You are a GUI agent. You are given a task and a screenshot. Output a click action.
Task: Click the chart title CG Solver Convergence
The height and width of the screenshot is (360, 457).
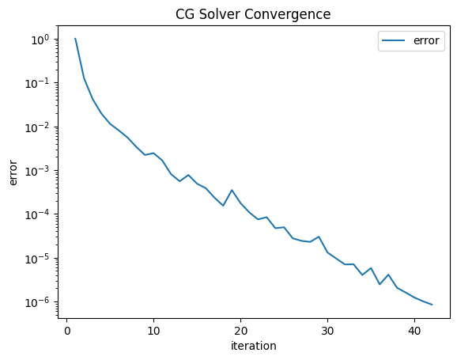click(253, 14)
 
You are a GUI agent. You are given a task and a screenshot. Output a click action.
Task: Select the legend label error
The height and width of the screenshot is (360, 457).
click(426, 40)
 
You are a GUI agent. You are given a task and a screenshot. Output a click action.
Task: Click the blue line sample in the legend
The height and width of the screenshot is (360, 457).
click(393, 40)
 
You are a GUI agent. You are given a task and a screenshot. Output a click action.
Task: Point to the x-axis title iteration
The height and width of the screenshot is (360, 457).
click(254, 346)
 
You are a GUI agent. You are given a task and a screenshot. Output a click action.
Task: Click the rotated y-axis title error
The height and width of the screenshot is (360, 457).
click(13, 172)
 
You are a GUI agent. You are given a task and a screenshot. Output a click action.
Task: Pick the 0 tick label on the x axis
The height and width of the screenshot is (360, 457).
click(67, 331)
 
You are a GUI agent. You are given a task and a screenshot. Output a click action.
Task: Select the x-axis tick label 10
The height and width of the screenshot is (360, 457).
click(153, 331)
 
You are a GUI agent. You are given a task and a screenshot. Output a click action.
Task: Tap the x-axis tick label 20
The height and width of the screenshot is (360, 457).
click(240, 331)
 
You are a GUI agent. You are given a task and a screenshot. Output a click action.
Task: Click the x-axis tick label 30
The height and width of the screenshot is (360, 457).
click(327, 331)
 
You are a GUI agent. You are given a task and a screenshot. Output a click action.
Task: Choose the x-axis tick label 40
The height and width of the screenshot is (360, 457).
click(414, 331)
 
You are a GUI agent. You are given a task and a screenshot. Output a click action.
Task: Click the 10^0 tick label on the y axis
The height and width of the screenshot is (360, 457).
click(40, 40)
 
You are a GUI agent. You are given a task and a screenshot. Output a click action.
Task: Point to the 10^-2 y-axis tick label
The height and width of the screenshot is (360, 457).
click(37, 127)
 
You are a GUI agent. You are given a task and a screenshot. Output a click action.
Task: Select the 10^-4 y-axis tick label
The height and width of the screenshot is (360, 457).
click(37, 215)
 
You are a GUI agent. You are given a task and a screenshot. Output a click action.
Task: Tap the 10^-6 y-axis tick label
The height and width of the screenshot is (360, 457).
click(37, 302)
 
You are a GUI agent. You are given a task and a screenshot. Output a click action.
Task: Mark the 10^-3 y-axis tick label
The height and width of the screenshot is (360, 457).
click(37, 171)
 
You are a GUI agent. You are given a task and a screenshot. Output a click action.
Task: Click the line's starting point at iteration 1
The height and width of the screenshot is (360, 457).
click(75, 38)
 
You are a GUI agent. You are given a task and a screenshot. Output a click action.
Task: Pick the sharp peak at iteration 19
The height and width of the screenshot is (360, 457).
click(232, 190)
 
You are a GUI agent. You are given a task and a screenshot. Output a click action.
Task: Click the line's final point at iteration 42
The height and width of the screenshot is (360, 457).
click(432, 305)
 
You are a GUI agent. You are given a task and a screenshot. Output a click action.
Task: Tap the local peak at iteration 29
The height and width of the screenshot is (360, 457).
click(319, 237)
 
